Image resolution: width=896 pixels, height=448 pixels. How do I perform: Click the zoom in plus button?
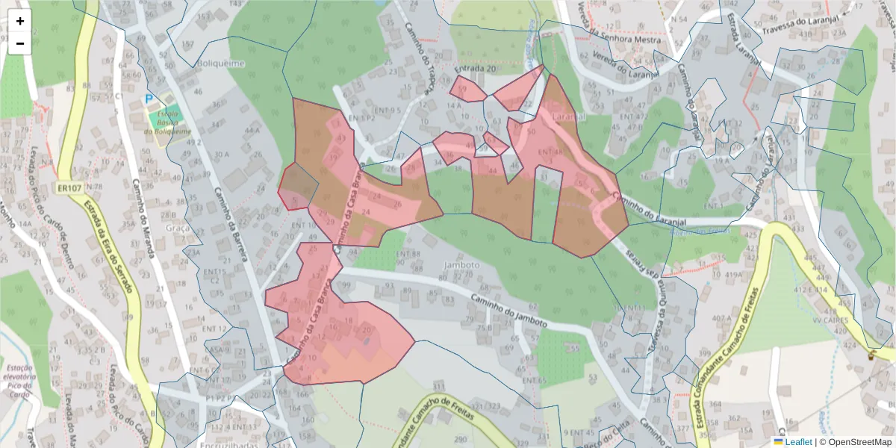pos(20,21)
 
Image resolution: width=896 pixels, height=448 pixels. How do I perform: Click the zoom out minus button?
pos(20,43)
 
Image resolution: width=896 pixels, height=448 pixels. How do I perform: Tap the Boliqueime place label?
pos(221,64)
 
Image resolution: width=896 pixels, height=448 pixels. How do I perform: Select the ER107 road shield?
pos(69,187)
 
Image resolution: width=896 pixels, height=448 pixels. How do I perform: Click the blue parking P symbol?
pos(150,99)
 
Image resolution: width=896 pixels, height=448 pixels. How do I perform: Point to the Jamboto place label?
pos(460,265)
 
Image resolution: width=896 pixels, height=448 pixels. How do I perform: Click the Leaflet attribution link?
pos(797,442)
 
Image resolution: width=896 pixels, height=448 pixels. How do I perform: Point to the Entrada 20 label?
pos(475,69)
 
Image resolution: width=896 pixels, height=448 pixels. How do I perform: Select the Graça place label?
pos(178,228)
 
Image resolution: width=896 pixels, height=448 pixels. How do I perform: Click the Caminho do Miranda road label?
pos(144,220)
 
